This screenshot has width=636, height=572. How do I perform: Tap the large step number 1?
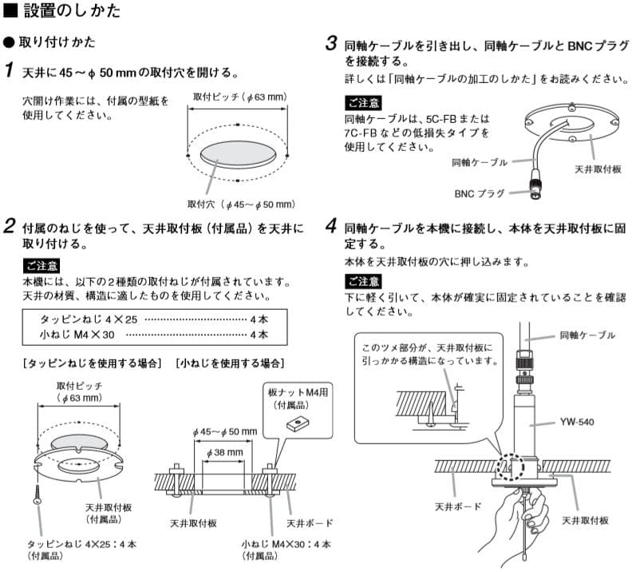tap(9, 71)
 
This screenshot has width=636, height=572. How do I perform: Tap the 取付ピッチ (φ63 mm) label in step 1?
tap(239, 97)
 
